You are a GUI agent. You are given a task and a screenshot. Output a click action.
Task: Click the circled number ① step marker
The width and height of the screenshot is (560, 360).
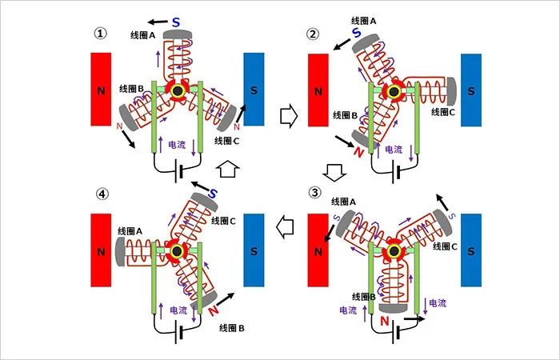(x=100, y=34)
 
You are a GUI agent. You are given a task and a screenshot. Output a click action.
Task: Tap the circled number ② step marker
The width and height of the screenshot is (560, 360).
(x=313, y=34)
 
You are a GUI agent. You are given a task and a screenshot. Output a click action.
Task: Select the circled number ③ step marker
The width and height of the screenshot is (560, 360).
(x=314, y=194)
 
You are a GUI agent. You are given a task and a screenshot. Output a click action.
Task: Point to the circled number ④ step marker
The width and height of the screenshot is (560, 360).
(x=100, y=194)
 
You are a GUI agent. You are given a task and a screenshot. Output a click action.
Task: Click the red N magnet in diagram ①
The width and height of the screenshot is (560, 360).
(x=101, y=90)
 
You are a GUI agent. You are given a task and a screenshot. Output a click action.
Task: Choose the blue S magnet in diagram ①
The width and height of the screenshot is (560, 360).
(x=254, y=90)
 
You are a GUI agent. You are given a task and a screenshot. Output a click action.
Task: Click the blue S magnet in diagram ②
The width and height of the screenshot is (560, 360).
(x=470, y=90)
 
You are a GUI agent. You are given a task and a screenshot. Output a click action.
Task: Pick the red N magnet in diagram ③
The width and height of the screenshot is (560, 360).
(x=318, y=250)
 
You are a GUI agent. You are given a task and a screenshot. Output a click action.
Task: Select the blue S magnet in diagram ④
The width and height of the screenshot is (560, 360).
(x=254, y=250)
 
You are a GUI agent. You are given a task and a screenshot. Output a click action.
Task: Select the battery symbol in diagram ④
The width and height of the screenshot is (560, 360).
(x=178, y=328)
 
